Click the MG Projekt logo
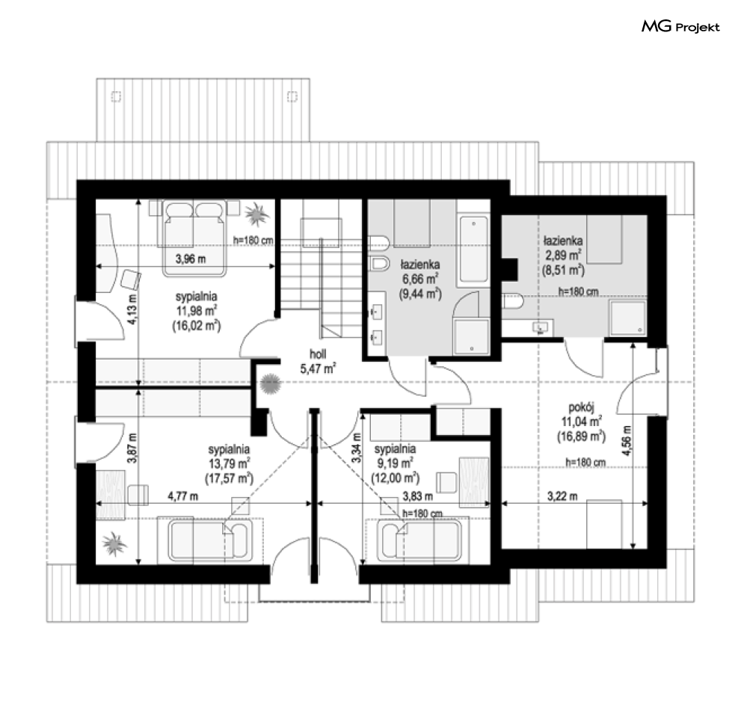tap(680, 27)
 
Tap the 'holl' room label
tap(318, 354)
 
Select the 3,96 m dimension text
tap(191, 259)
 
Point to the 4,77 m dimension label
tap(182, 496)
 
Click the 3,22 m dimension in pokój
tap(562, 496)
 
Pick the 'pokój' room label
tap(581, 407)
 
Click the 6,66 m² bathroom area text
tap(420, 279)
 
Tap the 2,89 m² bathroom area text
tap(563, 255)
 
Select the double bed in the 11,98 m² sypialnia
tap(194, 238)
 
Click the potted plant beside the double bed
tap(257, 213)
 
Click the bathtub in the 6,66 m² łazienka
tap(473, 250)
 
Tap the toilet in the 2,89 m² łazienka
tap(513, 301)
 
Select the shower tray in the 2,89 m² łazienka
tap(628, 318)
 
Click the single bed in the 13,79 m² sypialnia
tap(210, 541)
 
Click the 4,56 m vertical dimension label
tap(627, 441)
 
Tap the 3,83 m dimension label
tap(417, 496)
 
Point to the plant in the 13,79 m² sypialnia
tap(114, 543)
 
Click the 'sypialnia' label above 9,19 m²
tap(395, 448)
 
